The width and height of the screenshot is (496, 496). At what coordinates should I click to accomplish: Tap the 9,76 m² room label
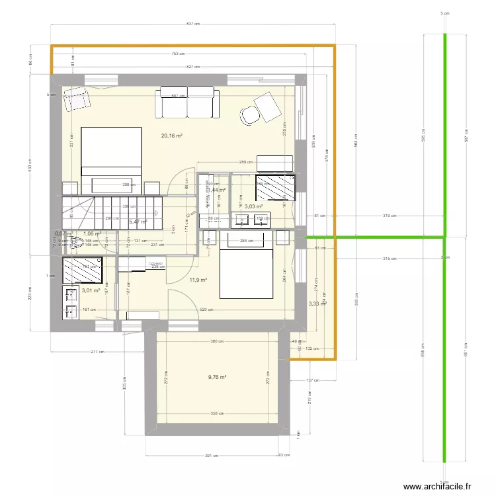click(x=217, y=378)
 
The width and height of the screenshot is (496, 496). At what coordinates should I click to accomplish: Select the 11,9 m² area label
click(x=198, y=280)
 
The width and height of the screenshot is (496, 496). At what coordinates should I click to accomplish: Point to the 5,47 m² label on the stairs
click(x=138, y=222)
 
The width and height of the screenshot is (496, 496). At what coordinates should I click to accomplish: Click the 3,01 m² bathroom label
click(x=91, y=290)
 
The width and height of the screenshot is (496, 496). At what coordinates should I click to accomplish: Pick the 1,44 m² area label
click(x=217, y=190)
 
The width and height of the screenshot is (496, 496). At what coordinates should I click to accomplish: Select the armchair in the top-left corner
click(x=77, y=99)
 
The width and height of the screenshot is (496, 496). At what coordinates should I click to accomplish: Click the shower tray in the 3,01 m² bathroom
click(x=83, y=270)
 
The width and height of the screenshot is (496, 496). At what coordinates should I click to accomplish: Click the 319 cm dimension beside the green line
click(x=389, y=216)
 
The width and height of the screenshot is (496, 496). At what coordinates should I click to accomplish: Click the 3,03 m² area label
click(x=254, y=206)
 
